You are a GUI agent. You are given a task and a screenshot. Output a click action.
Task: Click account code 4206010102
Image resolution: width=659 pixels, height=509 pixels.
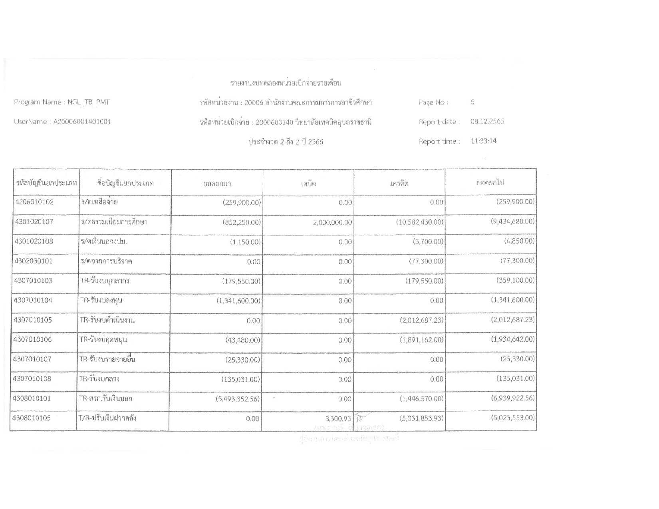(x=34, y=202)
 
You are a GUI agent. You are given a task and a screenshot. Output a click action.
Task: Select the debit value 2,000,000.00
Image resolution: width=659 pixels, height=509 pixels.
(x=333, y=222)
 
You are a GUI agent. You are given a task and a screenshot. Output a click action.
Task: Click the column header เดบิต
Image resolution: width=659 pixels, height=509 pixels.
(x=308, y=184)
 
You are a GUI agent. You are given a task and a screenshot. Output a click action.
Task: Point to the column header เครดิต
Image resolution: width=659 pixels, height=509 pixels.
(x=399, y=184)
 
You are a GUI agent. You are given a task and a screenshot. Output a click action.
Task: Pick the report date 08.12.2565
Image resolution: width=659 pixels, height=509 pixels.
(x=487, y=121)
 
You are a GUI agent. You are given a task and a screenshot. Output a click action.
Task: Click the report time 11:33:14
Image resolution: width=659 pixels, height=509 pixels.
(x=484, y=141)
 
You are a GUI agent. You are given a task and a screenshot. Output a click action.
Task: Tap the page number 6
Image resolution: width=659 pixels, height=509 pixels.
(x=472, y=102)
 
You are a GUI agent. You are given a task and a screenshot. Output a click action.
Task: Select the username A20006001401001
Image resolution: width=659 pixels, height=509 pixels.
(x=82, y=122)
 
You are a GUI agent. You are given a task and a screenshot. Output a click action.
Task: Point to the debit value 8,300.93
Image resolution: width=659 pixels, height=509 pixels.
(x=338, y=419)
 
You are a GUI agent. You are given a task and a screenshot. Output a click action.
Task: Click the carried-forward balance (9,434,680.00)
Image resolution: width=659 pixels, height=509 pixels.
(x=512, y=222)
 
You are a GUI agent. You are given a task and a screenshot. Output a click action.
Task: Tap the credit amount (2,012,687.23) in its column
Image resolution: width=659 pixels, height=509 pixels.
(x=422, y=321)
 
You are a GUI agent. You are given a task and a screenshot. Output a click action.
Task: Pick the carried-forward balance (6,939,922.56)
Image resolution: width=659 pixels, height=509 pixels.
(x=512, y=398)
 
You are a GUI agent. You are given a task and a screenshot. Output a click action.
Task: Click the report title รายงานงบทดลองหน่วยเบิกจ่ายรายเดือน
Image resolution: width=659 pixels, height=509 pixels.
(x=286, y=83)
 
